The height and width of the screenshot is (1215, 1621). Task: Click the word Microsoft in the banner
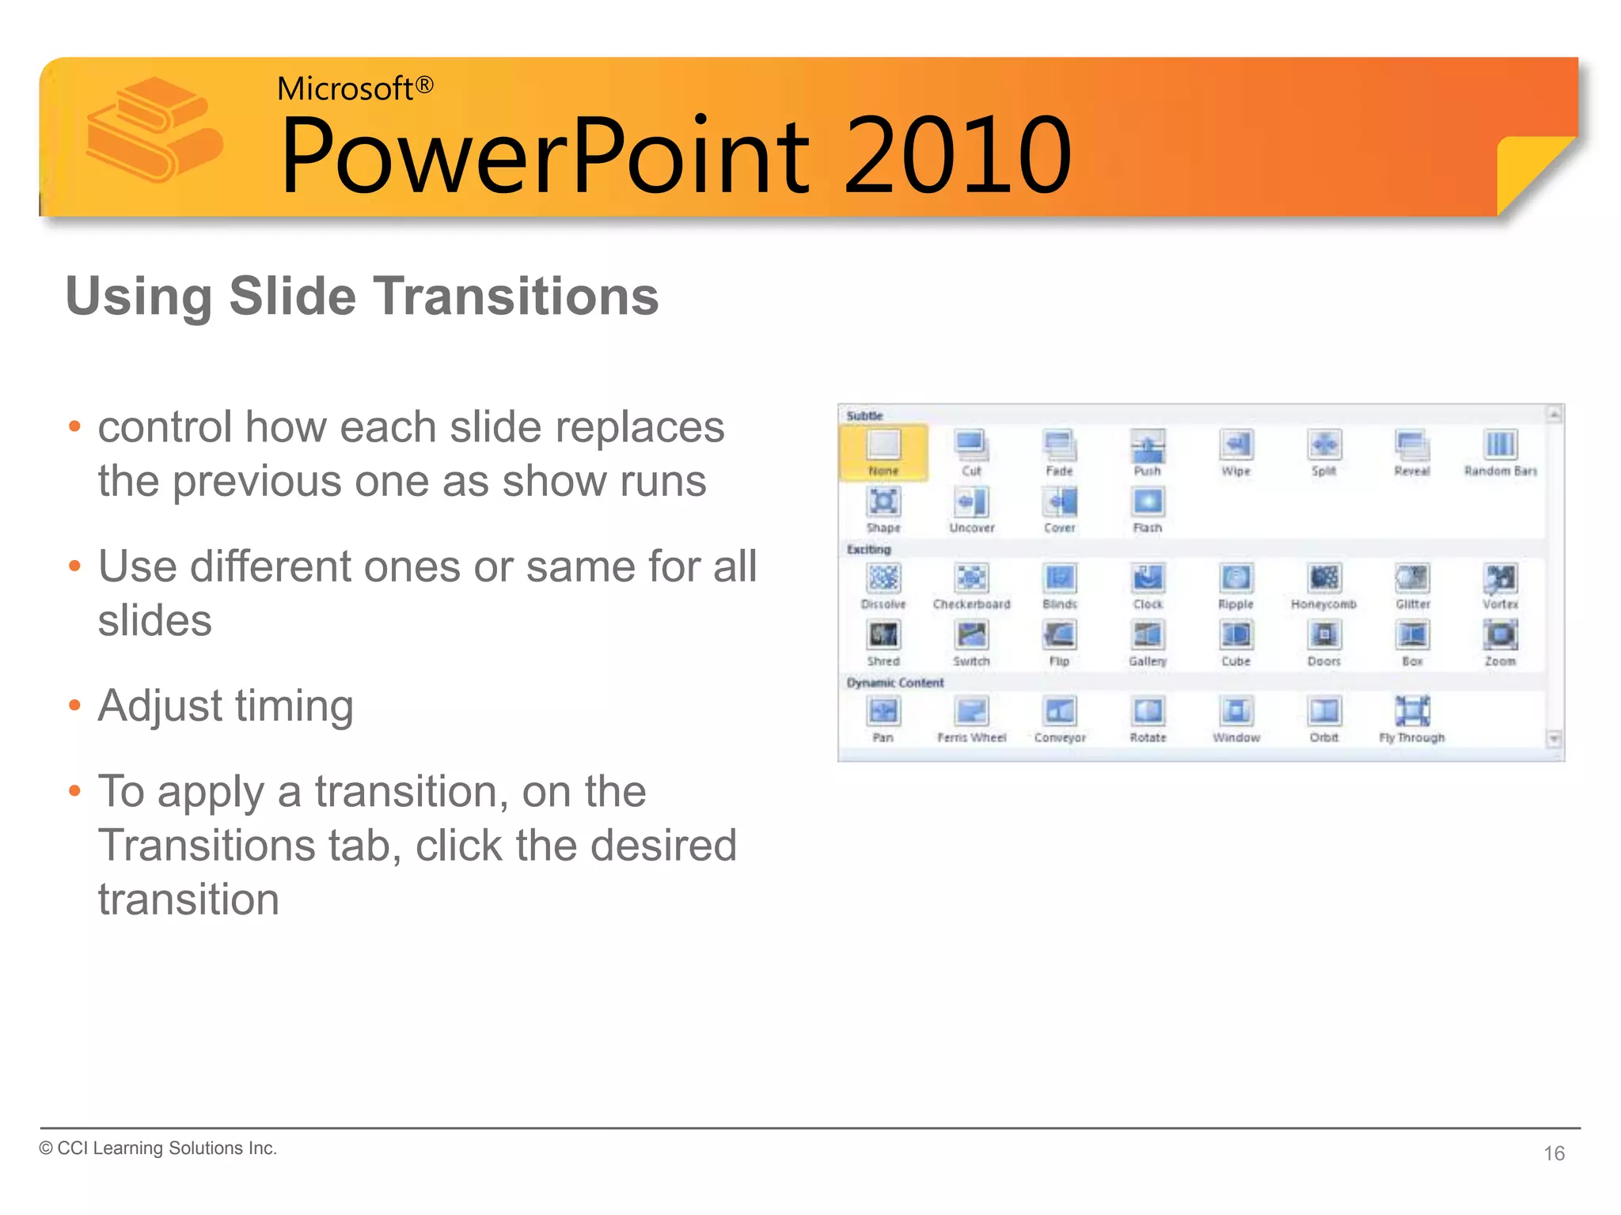coord(344,89)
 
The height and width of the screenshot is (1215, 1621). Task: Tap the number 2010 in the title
coord(958,156)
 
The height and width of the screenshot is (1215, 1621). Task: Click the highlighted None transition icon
coord(883,445)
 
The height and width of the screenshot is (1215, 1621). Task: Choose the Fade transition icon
coord(1059,445)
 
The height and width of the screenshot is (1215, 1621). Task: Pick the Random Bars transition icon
coord(1500,445)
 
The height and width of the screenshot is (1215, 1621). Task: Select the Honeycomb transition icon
coord(1324,578)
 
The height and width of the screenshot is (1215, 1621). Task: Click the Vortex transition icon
coord(1500,578)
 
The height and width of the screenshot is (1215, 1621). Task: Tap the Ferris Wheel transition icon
coord(971,711)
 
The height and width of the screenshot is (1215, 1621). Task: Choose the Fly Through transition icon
coord(1412,711)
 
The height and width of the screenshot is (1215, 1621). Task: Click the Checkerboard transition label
coord(971,604)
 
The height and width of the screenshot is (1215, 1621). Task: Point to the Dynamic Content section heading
coord(895,683)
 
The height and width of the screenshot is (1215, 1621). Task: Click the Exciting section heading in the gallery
coord(868,549)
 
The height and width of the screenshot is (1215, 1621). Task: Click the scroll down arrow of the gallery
coord(1554,739)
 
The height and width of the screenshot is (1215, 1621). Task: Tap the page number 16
coord(1554,1153)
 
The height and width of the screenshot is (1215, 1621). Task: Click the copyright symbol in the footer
coord(46,1149)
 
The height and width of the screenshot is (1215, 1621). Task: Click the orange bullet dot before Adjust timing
coord(75,705)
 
